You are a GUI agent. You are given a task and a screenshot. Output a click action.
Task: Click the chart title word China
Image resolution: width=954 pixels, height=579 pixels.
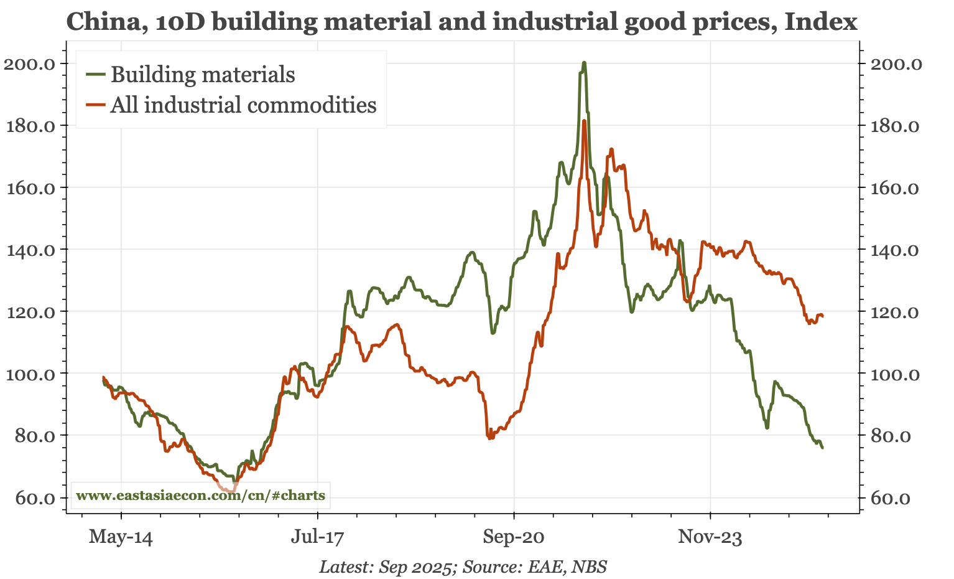coord(99,22)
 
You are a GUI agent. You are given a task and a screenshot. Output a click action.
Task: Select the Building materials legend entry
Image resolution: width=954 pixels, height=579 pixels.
coord(202,75)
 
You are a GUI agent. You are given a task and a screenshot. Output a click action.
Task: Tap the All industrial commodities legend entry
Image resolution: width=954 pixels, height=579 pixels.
coord(243,105)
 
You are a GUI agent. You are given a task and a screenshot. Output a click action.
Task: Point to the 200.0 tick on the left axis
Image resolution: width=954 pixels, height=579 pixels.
coord(31,64)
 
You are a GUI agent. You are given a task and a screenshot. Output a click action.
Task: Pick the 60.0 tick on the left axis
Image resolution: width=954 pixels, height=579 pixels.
coord(34,498)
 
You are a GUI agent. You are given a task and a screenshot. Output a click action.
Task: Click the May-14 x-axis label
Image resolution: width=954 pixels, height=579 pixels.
coord(121,536)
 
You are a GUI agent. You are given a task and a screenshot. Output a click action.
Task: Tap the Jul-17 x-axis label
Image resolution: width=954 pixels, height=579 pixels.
coord(317,536)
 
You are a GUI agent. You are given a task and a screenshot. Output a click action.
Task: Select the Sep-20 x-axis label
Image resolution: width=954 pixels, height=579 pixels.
coord(514,536)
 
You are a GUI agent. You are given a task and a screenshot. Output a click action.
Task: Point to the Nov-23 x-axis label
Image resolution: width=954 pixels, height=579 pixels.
coord(710,536)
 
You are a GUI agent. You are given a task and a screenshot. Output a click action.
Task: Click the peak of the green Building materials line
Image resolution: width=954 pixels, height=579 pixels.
coord(584,63)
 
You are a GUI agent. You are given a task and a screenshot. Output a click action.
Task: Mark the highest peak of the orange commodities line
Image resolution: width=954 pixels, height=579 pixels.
coord(585,121)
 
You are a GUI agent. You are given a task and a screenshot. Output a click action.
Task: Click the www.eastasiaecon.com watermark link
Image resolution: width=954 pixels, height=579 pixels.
coord(200,496)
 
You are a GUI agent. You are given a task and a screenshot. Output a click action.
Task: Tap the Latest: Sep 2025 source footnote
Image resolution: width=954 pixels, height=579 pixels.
coord(463,567)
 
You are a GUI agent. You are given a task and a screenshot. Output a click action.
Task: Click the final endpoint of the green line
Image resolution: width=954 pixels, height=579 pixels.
coord(822,448)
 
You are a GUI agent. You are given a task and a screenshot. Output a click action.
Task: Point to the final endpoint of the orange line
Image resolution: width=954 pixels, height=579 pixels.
coord(822,316)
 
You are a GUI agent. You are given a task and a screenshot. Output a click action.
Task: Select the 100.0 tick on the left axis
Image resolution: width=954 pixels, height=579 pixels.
coord(31,374)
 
